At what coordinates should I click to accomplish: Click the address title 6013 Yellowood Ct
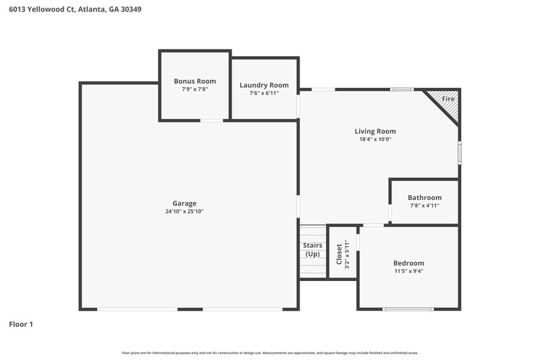click(75, 9)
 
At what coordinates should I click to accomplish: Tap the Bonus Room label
click(194, 81)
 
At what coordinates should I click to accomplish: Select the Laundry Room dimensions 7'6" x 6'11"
click(264, 93)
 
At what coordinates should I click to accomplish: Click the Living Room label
click(375, 131)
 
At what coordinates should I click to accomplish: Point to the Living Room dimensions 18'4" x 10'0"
click(375, 139)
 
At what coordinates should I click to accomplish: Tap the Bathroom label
click(424, 197)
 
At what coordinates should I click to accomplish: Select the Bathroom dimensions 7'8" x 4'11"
click(424, 205)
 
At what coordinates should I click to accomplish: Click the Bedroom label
click(408, 263)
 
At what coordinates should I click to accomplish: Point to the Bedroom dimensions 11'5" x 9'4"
click(408, 271)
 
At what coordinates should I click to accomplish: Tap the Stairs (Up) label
click(312, 250)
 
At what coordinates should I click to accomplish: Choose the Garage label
click(184, 203)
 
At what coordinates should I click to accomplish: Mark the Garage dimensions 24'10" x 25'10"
click(184, 211)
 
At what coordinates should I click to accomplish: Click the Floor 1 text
click(21, 324)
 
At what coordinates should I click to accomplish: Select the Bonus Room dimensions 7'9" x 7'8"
click(194, 89)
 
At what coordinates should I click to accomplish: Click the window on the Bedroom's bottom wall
click(408, 309)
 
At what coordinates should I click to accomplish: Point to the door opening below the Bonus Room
click(212, 121)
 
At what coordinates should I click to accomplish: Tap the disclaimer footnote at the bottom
click(270, 353)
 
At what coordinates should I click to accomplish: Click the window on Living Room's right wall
click(459, 152)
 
